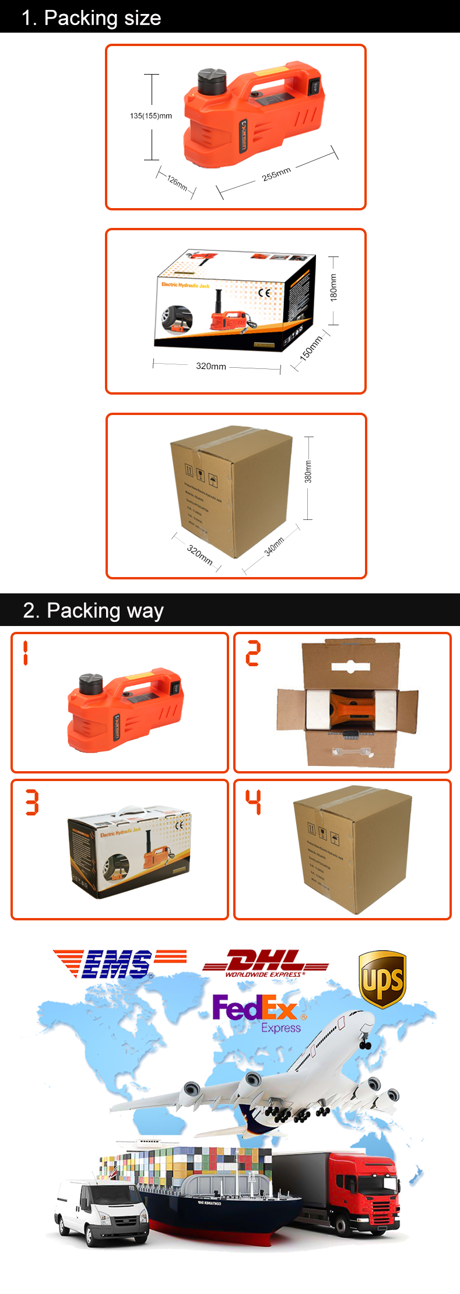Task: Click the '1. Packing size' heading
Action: (91, 17)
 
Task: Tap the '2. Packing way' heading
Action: (93, 610)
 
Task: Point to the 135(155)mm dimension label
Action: (151, 116)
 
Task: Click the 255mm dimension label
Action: (276, 174)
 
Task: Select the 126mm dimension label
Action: (177, 182)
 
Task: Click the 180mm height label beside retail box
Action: (333, 287)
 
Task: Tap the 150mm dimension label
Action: (311, 349)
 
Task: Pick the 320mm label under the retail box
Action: (211, 366)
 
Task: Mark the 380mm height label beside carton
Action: (308, 472)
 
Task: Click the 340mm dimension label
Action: (274, 547)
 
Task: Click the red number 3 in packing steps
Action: (32, 802)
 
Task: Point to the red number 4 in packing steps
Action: (253, 802)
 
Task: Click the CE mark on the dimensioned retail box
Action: (264, 293)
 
